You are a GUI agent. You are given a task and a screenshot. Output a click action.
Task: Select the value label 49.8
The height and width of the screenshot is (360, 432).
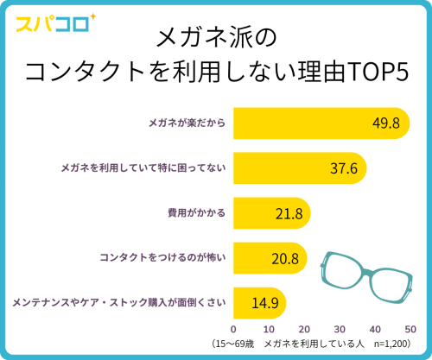click(x=384, y=123)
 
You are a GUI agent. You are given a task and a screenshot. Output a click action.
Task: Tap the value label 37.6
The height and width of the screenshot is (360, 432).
click(x=343, y=167)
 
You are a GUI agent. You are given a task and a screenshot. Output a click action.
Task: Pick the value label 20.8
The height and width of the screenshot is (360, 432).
click(x=284, y=257)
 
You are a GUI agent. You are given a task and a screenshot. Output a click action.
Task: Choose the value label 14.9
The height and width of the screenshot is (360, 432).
click(x=264, y=302)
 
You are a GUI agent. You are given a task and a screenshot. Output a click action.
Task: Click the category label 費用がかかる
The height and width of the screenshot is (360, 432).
click(x=196, y=212)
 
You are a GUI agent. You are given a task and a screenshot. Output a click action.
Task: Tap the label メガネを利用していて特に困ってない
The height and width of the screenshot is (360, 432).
click(x=143, y=167)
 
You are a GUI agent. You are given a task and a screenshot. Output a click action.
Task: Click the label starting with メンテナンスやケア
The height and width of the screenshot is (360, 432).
click(x=118, y=302)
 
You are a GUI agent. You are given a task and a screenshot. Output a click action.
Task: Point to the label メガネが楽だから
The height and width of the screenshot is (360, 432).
click(x=185, y=123)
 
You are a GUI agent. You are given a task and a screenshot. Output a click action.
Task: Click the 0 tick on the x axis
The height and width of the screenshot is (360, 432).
click(x=234, y=329)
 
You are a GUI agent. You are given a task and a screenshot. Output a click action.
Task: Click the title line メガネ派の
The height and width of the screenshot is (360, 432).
click(x=215, y=38)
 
